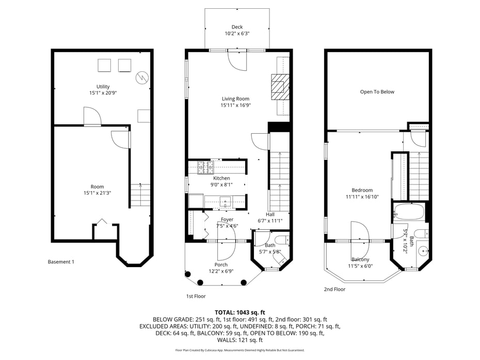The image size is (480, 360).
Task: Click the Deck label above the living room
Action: pos(237,27)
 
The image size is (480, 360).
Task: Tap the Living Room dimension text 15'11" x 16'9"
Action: pos(235,105)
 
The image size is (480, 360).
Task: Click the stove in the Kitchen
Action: pos(206,167)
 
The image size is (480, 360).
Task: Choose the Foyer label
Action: pos(227,220)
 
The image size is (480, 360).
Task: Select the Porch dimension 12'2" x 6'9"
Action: pos(221,271)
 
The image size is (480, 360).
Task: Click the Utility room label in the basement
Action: pos(103,87)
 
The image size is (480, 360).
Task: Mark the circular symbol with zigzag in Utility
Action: pos(141,77)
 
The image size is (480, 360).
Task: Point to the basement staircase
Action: pos(140,195)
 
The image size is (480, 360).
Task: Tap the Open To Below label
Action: pos(377,92)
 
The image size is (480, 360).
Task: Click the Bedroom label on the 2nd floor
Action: pos(362,190)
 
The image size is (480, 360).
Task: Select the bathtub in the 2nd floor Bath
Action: pos(409,212)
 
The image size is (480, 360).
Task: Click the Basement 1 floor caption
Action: pos(61,262)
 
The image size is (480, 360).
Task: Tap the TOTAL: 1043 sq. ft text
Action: pos(239,312)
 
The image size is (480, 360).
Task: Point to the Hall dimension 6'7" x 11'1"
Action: pos(270,221)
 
